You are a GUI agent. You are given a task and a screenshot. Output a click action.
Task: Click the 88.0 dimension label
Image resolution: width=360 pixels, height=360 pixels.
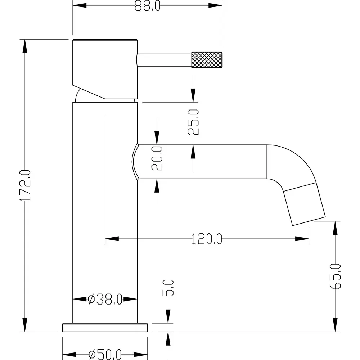click(x=148, y=6)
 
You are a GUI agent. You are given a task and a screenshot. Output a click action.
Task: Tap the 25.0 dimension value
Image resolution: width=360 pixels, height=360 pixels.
click(x=193, y=122)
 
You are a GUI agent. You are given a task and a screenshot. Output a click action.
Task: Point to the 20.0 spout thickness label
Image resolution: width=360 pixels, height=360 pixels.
click(x=157, y=158)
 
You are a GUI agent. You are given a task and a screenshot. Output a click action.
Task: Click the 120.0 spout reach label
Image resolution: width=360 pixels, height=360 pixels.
click(x=207, y=239)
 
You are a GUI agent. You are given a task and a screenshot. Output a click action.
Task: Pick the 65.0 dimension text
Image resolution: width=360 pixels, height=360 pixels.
click(x=335, y=276)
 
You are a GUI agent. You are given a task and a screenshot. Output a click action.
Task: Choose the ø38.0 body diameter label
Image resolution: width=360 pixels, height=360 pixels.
click(x=105, y=299)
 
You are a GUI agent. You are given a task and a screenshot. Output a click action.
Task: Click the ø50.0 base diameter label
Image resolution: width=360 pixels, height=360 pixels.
click(x=105, y=355)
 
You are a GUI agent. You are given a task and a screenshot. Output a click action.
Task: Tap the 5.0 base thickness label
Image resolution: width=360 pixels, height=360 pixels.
click(x=168, y=288)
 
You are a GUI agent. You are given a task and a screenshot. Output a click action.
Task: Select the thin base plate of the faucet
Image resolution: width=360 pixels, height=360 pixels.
click(x=105, y=327)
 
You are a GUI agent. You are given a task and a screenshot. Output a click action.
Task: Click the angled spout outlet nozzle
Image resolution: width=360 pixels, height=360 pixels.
click(x=305, y=204)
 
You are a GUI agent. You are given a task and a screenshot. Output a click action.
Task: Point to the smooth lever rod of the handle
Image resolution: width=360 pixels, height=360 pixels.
click(x=164, y=59)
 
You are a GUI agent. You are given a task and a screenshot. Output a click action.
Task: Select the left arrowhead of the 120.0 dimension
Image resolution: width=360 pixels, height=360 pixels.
click(x=111, y=238)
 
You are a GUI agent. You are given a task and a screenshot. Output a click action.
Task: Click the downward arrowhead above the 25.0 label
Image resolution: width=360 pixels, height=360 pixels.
click(x=193, y=95)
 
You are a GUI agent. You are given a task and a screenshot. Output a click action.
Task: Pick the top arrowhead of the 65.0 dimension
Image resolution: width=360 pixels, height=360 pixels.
click(x=335, y=228)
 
